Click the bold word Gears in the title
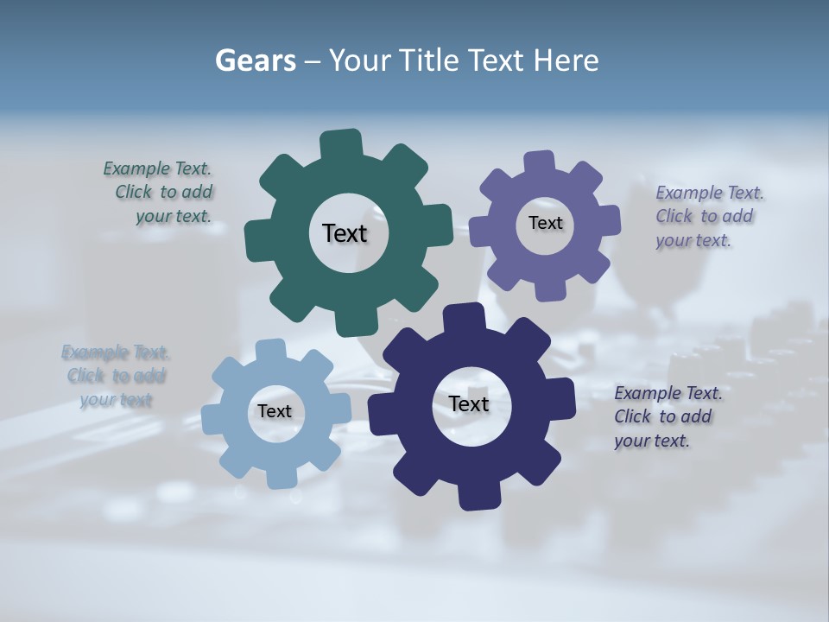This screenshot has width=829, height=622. (255, 60)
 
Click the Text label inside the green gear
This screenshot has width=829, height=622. (345, 233)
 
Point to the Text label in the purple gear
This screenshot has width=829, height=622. (545, 223)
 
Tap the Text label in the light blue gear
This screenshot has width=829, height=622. (274, 411)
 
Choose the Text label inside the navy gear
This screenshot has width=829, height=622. (468, 403)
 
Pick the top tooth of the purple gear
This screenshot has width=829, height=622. (539, 163)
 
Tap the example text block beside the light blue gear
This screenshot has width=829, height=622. (116, 376)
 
